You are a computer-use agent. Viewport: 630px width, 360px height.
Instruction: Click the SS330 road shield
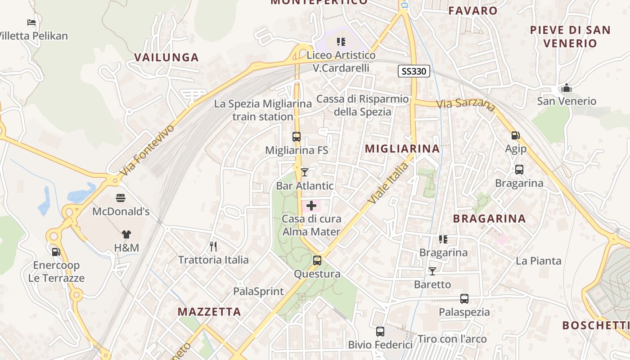tap(414, 71)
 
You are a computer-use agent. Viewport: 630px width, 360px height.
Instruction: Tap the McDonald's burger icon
tap(120, 198)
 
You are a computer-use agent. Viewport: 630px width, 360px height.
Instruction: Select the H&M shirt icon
tap(126, 234)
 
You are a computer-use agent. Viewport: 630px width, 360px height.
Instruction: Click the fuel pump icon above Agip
tap(516, 135)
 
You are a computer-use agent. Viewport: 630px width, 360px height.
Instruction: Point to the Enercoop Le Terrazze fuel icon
tap(56, 252)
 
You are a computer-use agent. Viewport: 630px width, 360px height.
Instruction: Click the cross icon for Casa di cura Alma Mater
tap(311, 206)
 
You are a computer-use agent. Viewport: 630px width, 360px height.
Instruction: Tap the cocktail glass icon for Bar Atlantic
tap(305, 172)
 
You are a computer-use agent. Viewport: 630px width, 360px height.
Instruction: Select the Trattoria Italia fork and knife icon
tap(213, 246)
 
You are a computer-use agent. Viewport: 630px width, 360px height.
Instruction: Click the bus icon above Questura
tap(317, 260)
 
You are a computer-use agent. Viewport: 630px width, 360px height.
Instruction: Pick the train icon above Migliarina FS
tap(297, 137)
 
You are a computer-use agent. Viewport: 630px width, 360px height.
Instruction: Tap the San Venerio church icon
tap(567, 88)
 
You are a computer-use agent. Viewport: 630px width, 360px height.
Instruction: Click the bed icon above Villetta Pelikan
tap(31, 22)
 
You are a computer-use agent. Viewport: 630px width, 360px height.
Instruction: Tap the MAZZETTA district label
tap(209, 311)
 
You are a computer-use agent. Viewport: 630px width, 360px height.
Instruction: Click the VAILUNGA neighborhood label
tap(166, 57)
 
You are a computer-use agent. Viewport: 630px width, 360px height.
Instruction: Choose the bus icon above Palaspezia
tap(464, 298)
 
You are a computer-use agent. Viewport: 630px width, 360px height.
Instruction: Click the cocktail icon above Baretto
tap(432, 271)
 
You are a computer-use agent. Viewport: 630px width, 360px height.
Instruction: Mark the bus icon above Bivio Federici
tap(380, 332)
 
